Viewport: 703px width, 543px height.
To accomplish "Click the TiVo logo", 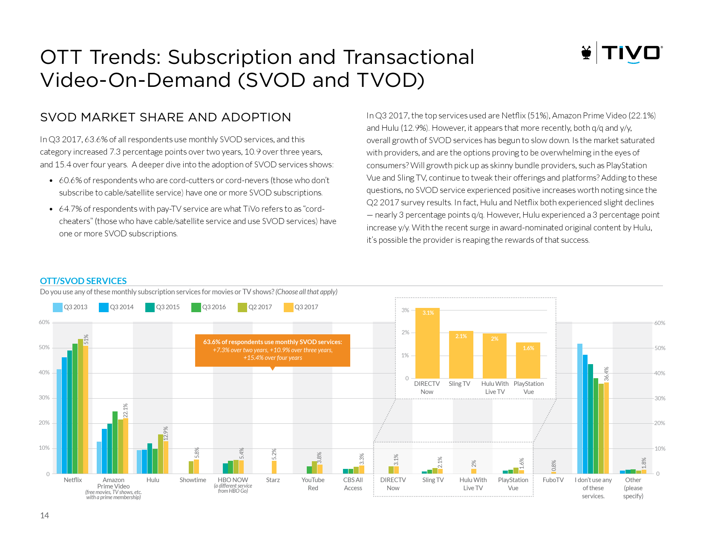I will click(622, 53).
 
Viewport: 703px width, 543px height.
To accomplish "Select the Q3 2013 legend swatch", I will click(58, 307).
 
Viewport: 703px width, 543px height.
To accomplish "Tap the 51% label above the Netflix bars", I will click(86, 339).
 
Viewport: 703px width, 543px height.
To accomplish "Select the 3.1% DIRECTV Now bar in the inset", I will click(427, 343).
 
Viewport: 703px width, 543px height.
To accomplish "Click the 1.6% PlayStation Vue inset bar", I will click(528, 360).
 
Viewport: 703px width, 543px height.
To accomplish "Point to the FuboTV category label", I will click(553, 480).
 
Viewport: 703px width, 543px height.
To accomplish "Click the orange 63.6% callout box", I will click(273, 350).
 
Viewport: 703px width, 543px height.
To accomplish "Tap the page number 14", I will click(44, 516).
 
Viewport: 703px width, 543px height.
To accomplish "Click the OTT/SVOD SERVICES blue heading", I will click(84, 281).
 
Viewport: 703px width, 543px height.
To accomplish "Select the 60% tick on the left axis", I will click(44, 322).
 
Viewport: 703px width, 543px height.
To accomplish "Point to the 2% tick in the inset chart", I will click(405, 333).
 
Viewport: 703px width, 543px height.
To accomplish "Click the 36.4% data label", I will click(606, 373).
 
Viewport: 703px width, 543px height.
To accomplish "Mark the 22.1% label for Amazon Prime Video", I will click(125, 410).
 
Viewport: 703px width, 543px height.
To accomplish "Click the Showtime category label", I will click(193, 480).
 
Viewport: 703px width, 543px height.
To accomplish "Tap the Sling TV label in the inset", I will click(459, 384).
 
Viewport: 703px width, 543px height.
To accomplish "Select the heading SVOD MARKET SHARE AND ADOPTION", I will click(165, 117).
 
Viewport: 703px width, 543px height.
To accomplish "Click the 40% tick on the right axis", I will click(660, 373).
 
